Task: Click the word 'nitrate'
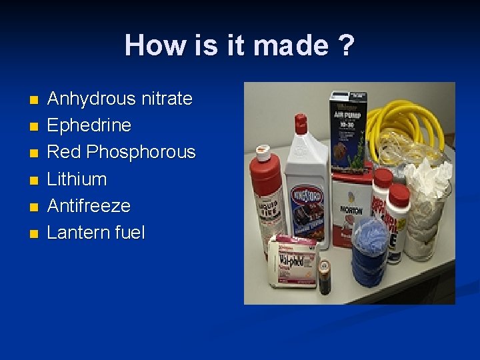pyautogui.click(x=167, y=99)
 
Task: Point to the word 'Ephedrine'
pyautogui.click(x=89, y=125)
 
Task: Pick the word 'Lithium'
pyautogui.click(x=77, y=179)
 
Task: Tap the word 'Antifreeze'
pyautogui.click(x=89, y=205)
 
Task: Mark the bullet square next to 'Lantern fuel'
pyautogui.click(x=35, y=234)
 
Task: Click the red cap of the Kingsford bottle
pyautogui.click(x=301, y=124)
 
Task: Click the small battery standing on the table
pyautogui.click(x=325, y=277)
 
